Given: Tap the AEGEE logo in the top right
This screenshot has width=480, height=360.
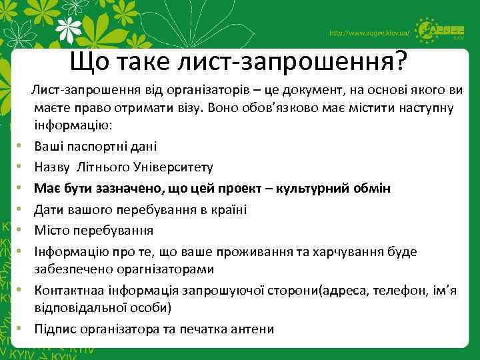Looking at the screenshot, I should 443,30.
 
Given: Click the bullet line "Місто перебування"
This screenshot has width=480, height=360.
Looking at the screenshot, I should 94,230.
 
